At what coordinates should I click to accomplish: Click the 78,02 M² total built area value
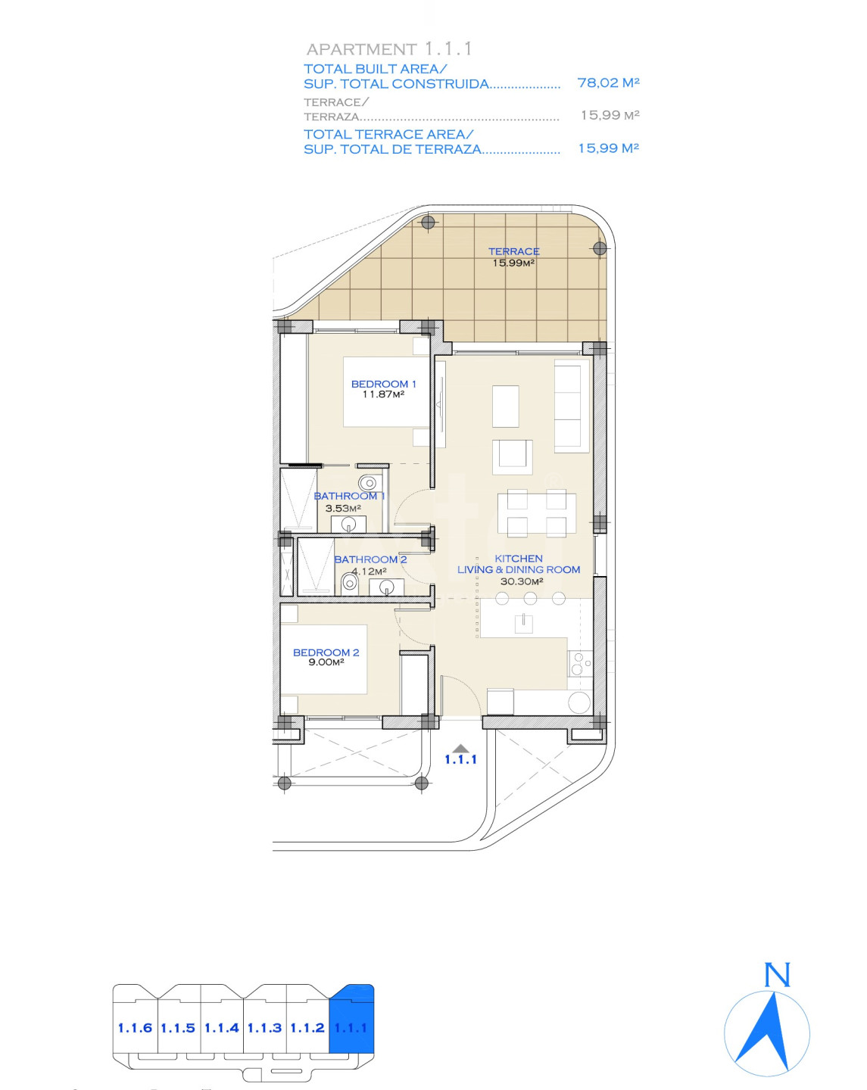click(608, 82)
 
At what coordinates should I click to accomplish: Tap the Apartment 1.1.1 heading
click(388, 49)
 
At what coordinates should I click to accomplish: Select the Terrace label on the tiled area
click(514, 251)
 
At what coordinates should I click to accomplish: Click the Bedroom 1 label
click(384, 384)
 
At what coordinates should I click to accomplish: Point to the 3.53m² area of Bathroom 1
click(343, 508)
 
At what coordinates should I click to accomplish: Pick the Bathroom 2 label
click(370, 559)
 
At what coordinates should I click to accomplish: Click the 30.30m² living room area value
click(522, 581)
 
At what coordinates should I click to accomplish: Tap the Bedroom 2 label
click(326, 652)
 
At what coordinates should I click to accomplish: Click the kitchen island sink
click(523, 623)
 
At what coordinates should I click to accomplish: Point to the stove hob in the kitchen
click(580, 664)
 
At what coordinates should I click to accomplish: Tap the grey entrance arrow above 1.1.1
click(460, 748)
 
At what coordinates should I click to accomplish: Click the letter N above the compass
click(777, 974)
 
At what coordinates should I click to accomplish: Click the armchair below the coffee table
click(513, 457)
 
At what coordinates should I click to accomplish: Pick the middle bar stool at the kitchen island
click(530, 598)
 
